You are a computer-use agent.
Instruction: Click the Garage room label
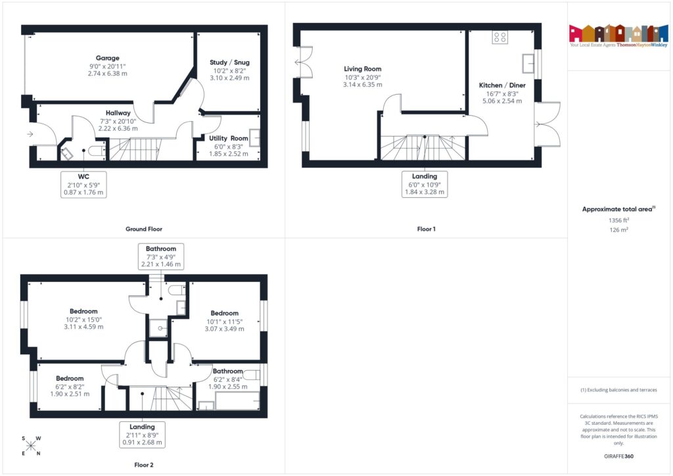pyautogui.click(x=107, y=66)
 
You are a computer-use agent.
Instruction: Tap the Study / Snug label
pyautogui.click(x=229, y=70)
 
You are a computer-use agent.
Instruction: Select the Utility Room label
pyautogui.click(x=229, y=145)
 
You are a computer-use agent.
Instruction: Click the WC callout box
pyautogui.click(x=83, y=185)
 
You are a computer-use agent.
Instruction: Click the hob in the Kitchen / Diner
pyautogui.click(x=499, y=37)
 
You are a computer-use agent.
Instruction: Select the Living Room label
pyautogui.click(x=363, y=76)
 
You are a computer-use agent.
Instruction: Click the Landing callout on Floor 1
pyautogui.click(x=425, y=184)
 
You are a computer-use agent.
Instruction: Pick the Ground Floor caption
pyautogui.click(x=144, y=229)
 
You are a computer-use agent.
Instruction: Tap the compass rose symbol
pyautogui.click(x=31, y=446)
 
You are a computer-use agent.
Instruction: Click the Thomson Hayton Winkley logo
pyautogui.click(x=618, y=37)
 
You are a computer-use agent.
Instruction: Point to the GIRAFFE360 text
pyautogui.click(x=618, y=456)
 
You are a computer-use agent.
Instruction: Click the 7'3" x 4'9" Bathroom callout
pyautogui.click(x=161, y=256)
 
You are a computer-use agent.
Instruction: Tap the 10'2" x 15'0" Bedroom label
pyautogui.click(x=83, y=319)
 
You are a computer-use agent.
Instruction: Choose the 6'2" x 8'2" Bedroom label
pyautogui.click(x=70, y=386)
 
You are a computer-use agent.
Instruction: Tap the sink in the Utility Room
pyautogui.click(x=254, y=138)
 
